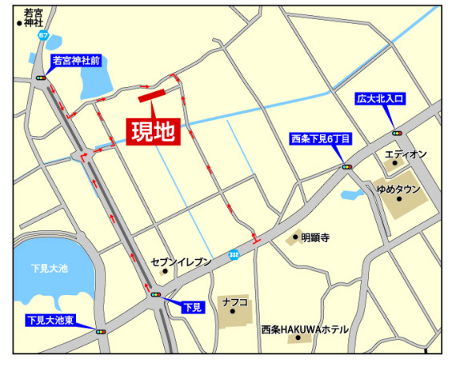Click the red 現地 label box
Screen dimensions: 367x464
154,131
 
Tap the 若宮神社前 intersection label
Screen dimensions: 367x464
76,60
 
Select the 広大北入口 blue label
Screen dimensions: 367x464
381,99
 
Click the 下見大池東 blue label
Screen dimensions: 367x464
50,321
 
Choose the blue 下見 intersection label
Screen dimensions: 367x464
194,307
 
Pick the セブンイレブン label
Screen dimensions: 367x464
182,262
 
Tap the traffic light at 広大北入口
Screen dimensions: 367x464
397,133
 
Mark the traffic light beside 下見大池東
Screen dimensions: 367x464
101,331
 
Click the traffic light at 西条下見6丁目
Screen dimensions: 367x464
347,166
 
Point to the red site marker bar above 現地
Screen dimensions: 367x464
150,97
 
